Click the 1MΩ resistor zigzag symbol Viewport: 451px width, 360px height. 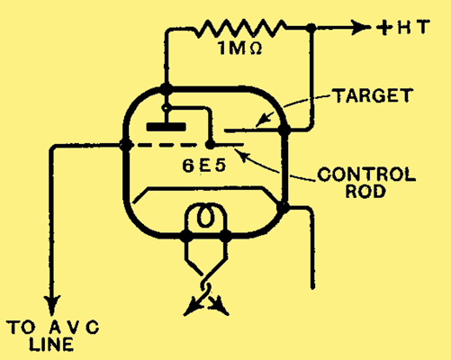[x=240, y=28]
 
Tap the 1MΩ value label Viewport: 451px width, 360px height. [x=240, y=48]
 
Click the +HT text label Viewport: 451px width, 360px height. [x=403, y=27]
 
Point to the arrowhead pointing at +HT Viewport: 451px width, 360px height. [x=360, y=28]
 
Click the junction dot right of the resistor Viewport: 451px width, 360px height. [x=311, y=28]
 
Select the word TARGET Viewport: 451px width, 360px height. [x=373, y=95]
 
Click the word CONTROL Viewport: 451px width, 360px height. [x=366, y=175]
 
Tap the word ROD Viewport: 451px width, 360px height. [x=365, y=191]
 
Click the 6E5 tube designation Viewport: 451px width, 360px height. [x=203, y=165]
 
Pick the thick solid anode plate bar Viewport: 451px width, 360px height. [x=166, y=127]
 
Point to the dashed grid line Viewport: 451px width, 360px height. [x=164, y=146]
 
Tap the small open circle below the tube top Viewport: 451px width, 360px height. [x=166, y=107]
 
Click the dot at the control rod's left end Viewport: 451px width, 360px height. [x=210, y=145]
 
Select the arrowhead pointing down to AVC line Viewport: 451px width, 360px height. [x=53, y=305]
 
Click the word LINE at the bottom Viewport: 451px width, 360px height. [x=51, y=344]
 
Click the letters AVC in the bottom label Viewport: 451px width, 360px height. [x=74, y=328]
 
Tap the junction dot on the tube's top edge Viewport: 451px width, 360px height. [x=166, y=89]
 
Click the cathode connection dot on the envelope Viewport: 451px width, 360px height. [x=283, y=207]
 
